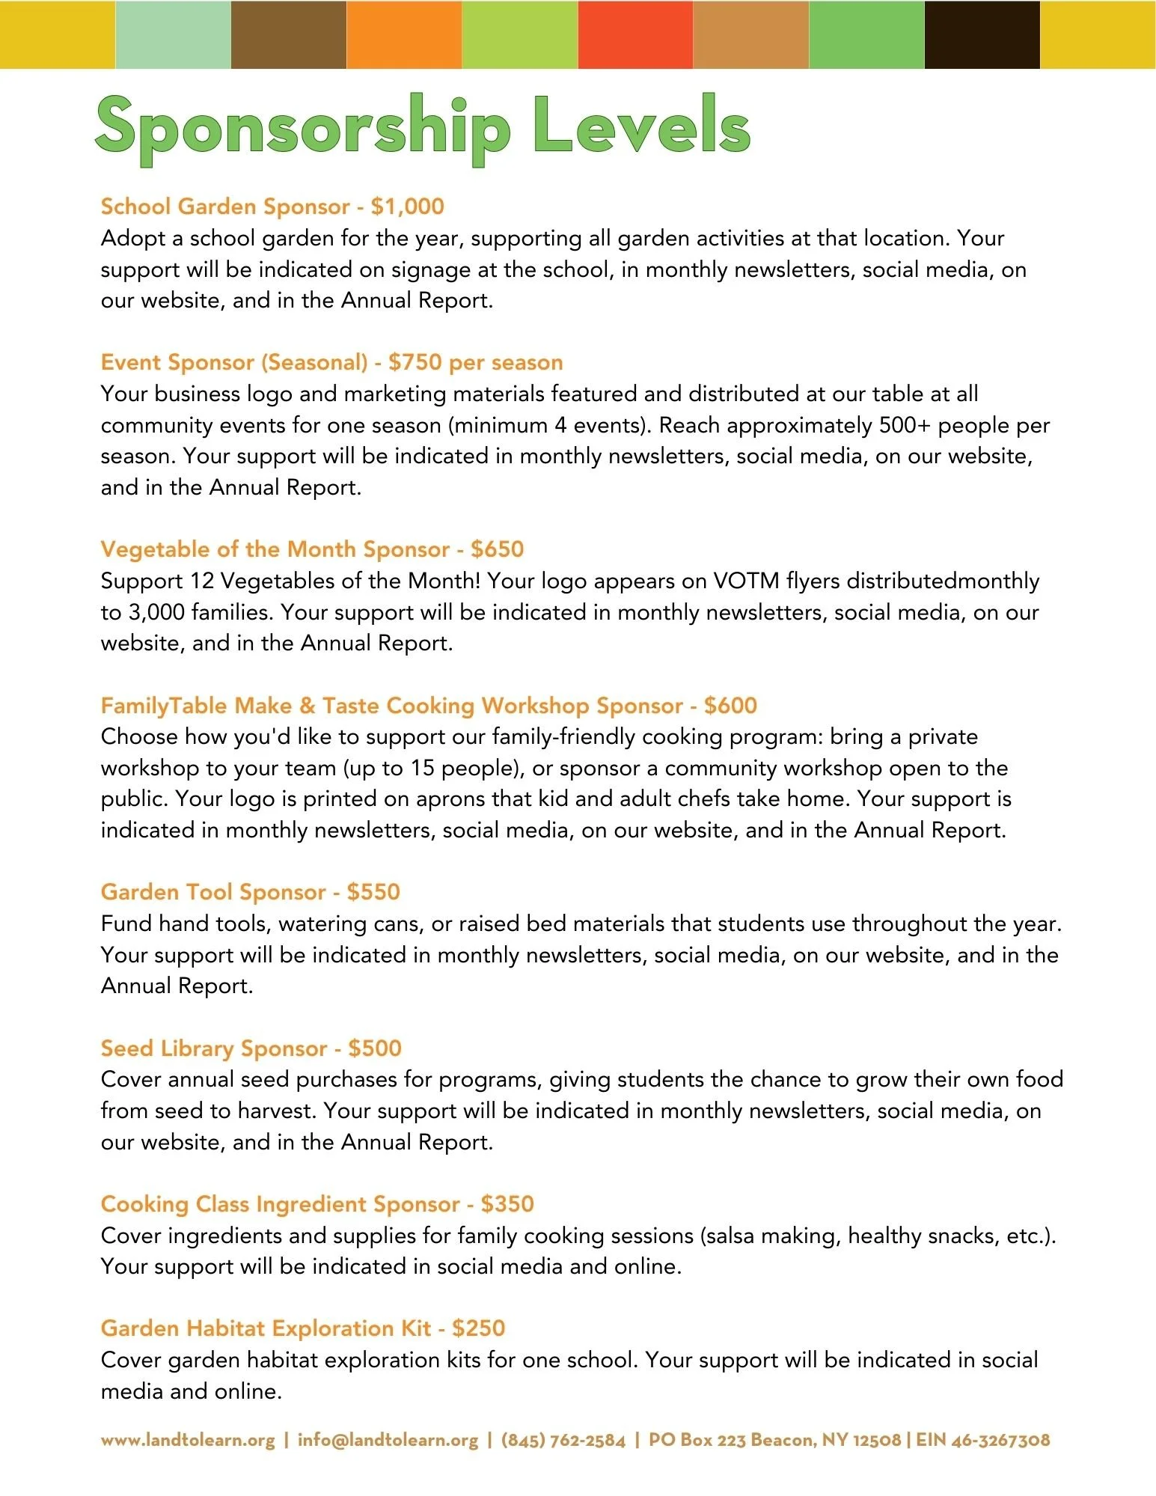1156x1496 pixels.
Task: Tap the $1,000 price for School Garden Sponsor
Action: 407,207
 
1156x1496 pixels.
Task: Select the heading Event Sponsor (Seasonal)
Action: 234,363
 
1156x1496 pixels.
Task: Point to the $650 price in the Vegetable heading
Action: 497,549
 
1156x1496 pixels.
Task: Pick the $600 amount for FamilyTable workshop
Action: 730,706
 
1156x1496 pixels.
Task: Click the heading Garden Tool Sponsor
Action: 213,892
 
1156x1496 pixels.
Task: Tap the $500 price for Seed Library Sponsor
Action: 375,1048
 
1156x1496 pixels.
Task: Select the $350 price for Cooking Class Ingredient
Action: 507,1204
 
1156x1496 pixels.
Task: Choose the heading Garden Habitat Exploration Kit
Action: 266,1328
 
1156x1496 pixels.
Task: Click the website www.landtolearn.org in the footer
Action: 188,1441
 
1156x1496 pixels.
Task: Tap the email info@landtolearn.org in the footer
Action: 388,1441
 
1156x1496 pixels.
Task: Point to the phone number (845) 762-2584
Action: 563,1441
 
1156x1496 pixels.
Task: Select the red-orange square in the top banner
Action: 635,34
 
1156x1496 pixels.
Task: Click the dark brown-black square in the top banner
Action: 982,34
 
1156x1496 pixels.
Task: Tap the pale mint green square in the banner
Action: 173,34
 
